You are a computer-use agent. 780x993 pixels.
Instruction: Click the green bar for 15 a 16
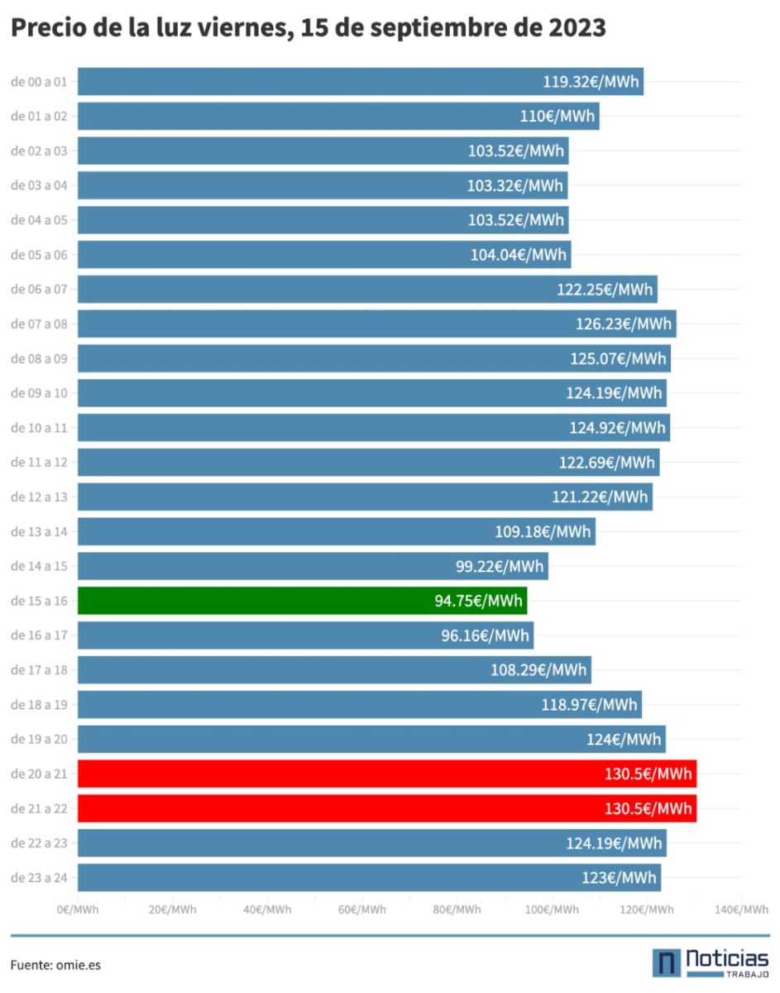coord(302,601)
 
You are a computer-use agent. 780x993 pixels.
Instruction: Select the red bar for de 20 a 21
coord(387,774)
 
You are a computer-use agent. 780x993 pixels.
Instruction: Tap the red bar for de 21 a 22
coord(387,808)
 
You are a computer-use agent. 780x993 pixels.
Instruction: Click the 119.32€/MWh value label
coord(591,82)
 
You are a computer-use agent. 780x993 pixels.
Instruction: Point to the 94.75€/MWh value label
coord(478,601)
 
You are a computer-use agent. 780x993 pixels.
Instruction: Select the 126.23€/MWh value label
coord(624,324)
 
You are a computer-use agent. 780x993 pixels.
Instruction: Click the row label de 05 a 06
coord(39,255)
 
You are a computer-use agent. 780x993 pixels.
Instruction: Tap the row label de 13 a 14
coord(39,531)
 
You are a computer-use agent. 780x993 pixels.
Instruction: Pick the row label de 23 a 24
coord(39,877)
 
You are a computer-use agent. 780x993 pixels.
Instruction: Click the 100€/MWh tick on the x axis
coord(552,909)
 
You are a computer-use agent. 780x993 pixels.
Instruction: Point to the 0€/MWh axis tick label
coord(78,909)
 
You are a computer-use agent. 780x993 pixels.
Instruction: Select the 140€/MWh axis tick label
coord(742,909)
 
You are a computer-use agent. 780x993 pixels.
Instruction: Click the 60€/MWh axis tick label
coord(362,909)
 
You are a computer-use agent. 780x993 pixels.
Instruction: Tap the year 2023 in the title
coord(577,27)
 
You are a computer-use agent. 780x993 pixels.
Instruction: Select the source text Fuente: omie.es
coord(55,965)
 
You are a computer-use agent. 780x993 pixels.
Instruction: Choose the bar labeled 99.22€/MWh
coord(313,566)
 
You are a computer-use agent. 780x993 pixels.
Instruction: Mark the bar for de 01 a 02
coord(338,116)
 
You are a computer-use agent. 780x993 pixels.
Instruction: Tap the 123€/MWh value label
coord(619,877)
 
